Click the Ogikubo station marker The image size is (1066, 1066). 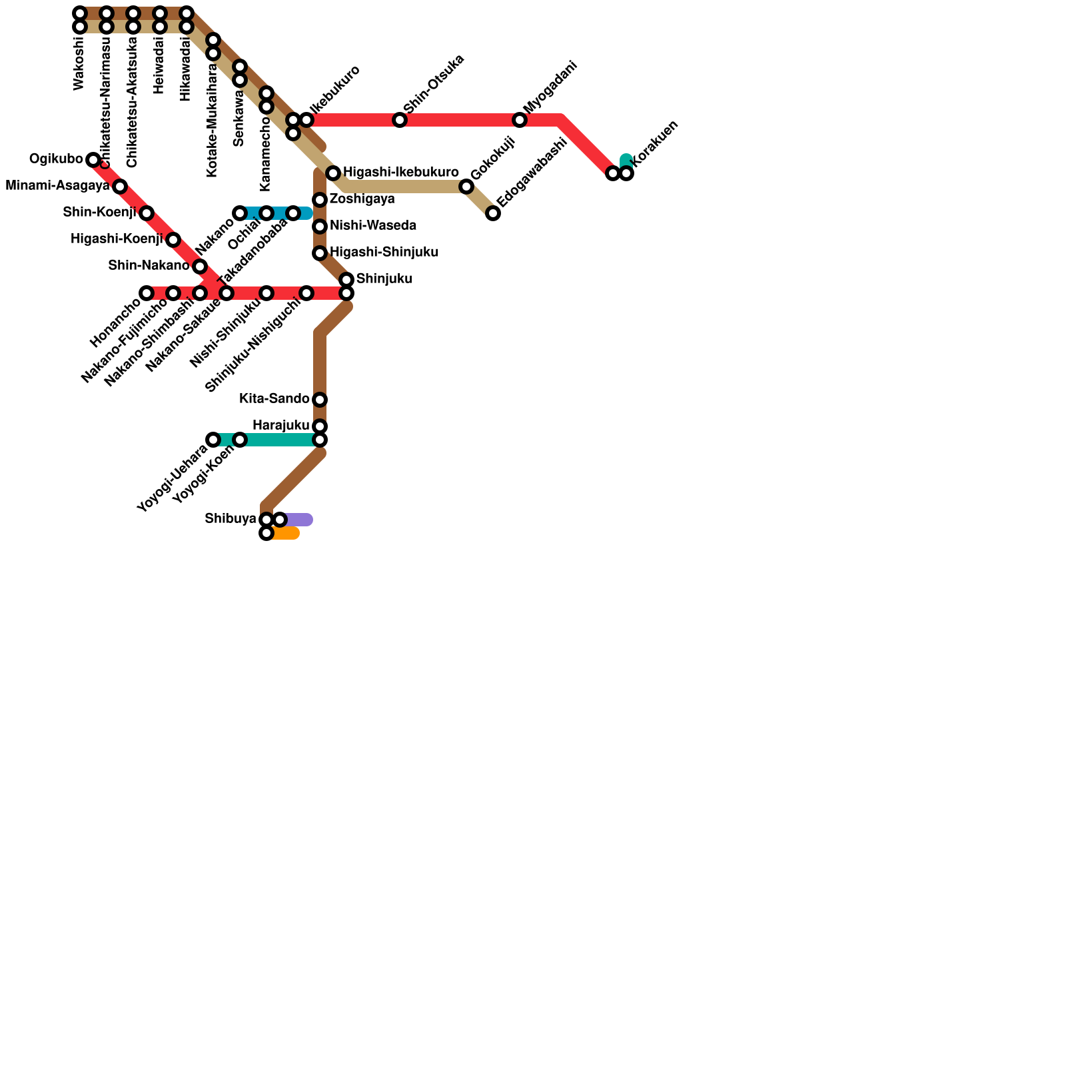(93, 160)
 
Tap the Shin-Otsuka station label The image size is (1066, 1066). (433, 83)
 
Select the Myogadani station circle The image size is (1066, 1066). (520, 120)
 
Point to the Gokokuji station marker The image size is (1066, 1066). (466, 187)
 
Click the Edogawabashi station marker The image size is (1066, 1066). (493, 213)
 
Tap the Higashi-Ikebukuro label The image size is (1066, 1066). (400, 173)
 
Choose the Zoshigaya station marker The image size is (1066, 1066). (320, 200)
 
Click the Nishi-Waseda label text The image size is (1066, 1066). (372, 226)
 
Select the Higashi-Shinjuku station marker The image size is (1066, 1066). (320, 253)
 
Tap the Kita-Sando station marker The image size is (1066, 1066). (320, 400)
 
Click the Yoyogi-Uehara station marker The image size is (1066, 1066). (213, 440)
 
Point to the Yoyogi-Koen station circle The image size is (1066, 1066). (240, 440)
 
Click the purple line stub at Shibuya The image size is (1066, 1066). (300, 520)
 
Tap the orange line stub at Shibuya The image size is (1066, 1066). (288, 533)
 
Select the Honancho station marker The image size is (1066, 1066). (147, 293)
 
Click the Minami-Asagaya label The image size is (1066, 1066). (57, 186)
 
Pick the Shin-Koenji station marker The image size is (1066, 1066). (147, 213)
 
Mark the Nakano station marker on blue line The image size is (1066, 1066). (240, 213)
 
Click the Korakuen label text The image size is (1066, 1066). (654, 143)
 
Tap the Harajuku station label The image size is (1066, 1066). (280, 426)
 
